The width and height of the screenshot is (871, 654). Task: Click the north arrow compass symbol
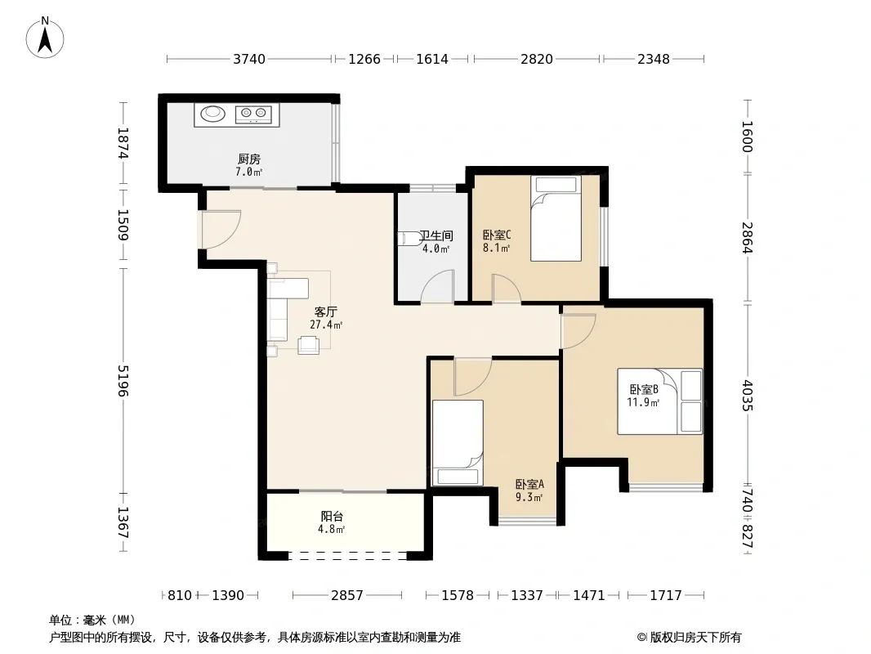coord(45,38)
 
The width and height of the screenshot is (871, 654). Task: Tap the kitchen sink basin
coord(213,114)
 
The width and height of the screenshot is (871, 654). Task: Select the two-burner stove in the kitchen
coord(253,114)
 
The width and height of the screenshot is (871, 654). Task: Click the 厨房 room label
coord(249,159)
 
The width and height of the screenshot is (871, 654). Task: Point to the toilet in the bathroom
coord(409,239)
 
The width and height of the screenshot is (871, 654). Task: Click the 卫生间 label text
coord(436,235)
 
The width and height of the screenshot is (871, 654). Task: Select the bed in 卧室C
coord(556,218)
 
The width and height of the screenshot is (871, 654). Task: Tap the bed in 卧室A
coord(458,443)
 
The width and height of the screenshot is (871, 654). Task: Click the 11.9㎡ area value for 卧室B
coord(643,402)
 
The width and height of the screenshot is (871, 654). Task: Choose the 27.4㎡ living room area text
coord(326,325)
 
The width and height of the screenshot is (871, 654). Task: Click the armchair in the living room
coord(308,345)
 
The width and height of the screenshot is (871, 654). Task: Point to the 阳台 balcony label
coord(332,516)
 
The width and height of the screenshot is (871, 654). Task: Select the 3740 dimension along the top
coord(249,59)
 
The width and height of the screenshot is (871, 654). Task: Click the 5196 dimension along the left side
coord(123,381)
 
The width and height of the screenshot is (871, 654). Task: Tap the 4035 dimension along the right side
coord(748,395)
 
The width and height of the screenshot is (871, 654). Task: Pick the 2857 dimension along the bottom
coord(347,596)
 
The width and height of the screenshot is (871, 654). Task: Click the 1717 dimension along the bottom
coord(665,596)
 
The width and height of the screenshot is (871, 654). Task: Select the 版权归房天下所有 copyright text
coord(695,638)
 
